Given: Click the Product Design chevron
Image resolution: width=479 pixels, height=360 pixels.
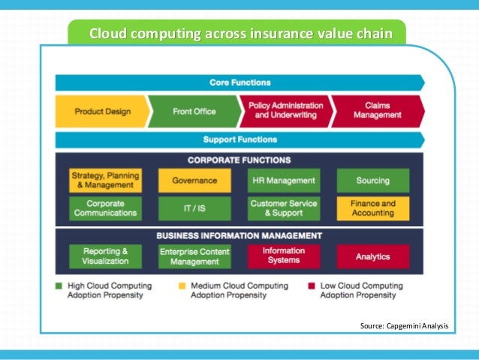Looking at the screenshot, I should click(102, 111).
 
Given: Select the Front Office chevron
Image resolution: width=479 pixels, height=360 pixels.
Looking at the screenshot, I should click(194, 111).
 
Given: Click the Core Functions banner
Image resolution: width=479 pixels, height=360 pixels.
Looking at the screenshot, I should click(239, 83).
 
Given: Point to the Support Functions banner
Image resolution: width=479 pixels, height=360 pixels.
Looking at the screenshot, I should click(239, 140).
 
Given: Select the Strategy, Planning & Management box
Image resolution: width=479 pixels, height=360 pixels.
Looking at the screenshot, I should click(104, 180).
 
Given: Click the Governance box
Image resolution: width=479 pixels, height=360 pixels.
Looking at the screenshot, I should click(194, 180).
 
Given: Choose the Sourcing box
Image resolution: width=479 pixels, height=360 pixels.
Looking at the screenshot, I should click(373, 180).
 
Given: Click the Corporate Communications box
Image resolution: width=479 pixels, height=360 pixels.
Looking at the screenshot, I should click(104, 208).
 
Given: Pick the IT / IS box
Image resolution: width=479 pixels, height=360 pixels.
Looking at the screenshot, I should click(194, 208).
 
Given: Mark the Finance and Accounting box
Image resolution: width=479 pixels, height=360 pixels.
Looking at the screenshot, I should click(373, 208).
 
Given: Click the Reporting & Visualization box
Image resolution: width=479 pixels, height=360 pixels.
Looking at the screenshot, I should click(104, 256).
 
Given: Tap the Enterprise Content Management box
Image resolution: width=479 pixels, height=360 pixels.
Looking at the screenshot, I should click(194, 256).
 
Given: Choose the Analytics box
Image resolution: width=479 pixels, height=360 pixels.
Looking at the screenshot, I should click(373, 256).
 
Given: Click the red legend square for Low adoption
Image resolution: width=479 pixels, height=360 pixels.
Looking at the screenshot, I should click(310, 286).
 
